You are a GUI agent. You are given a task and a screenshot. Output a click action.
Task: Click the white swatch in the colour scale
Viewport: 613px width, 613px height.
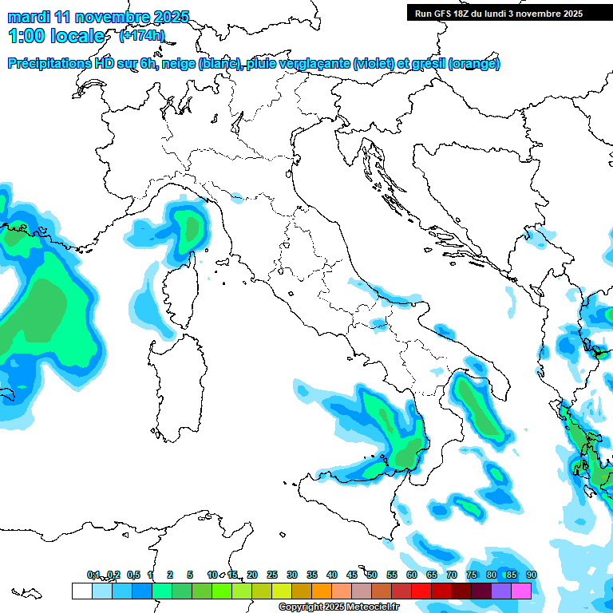coord(81,591)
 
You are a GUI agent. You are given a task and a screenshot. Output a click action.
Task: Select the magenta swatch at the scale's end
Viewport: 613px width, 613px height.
coord(521,591)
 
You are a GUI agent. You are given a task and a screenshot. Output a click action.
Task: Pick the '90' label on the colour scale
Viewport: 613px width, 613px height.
coord(531,575)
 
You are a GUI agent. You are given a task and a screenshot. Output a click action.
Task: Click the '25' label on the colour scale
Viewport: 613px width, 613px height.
coord(272,575)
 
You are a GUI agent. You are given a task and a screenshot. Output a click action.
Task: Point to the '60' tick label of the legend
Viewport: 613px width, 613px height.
coord(412,575)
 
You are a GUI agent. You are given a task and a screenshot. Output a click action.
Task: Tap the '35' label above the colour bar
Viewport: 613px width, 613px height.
coord(312,575)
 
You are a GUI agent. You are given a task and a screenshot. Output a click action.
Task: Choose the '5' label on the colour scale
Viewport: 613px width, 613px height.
coord(190,575)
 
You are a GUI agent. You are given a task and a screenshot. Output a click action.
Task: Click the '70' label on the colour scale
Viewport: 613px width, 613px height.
coord(452,575)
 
